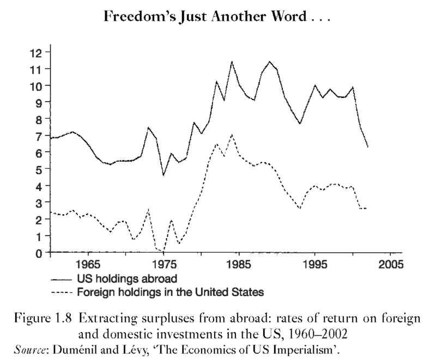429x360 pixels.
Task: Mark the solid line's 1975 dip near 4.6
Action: (x=163, y=175)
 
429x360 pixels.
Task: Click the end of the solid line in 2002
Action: (x=368, y=147)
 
